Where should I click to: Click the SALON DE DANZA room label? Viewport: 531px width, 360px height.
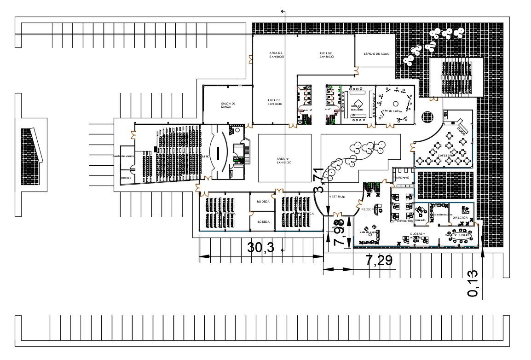point(228,105)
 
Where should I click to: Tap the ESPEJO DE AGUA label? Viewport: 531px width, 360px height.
point(376,54)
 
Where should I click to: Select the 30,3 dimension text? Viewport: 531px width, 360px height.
point(261,248)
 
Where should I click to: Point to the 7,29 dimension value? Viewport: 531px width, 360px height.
point(379,261)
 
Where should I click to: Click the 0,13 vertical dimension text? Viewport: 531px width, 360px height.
point(473,283)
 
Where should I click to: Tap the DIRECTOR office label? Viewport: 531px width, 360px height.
point(460,218)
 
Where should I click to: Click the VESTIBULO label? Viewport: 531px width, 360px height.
point(337,197)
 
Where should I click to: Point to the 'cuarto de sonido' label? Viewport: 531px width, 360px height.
point(123,156)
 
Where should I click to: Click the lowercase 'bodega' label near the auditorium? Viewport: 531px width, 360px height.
point(126,177)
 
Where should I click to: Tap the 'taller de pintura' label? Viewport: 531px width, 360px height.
point(391,110)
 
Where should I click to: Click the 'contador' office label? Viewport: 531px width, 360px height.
point(421,220)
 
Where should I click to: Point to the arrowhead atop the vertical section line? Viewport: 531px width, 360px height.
point(283,10)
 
